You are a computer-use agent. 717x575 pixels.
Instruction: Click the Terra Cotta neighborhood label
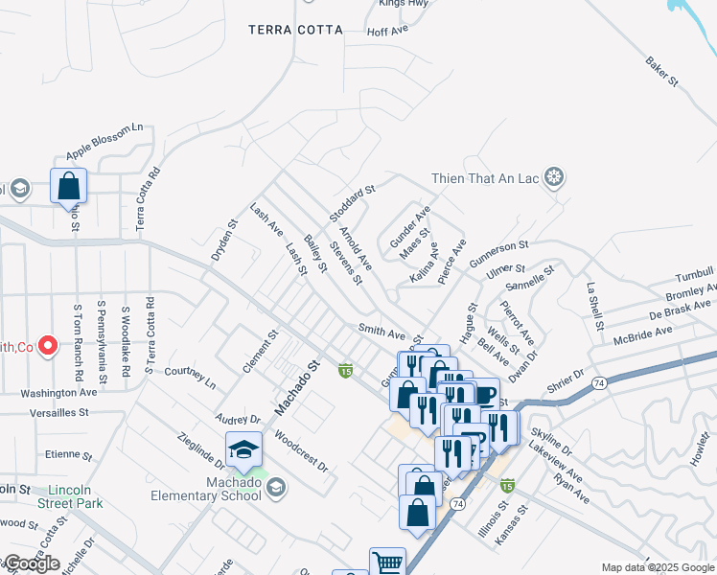tap(295, 30)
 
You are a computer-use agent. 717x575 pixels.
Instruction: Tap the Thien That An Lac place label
tap(486, 176)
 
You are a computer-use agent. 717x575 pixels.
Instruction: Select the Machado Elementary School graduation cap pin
tap(243, 449)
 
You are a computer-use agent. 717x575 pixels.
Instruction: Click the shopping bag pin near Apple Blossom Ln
tap(68, 185)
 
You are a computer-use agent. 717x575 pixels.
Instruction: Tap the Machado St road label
tap(297, 387)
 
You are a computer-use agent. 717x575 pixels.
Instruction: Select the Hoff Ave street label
tap(387, 32)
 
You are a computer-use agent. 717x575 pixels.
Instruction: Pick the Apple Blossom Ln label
tap(104, 141)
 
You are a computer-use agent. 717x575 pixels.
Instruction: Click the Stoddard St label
tap(351, 202)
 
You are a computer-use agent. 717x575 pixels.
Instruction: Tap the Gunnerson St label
tap(499, 252)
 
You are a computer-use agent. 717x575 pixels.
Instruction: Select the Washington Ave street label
tap(59, 392)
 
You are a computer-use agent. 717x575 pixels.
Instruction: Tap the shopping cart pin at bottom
tap(387, 563)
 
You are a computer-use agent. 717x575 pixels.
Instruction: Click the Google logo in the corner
tap(31, 563)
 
